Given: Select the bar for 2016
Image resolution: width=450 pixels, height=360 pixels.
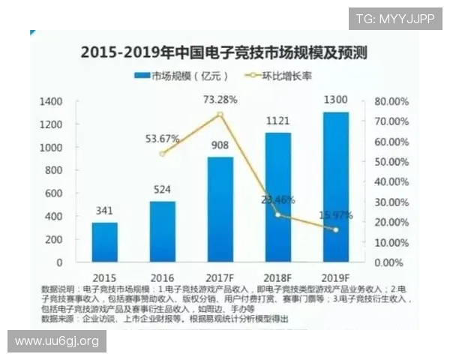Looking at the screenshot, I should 162,232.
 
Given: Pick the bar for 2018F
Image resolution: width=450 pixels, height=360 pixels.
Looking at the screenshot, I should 277,197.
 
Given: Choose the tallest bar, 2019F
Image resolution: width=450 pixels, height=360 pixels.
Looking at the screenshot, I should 335,187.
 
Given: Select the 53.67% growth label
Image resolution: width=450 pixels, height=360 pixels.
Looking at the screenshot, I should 161,139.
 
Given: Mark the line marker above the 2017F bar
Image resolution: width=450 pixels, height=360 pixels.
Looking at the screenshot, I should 220,114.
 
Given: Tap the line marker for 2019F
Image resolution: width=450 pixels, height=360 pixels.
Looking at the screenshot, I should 335,229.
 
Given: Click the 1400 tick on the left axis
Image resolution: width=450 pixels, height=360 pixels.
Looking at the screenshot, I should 50,101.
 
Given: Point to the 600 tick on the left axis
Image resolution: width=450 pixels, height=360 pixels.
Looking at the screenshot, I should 53,193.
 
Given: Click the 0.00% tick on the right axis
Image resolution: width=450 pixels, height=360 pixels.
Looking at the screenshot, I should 393,263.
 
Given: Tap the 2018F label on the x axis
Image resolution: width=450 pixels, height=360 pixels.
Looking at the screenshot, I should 277,277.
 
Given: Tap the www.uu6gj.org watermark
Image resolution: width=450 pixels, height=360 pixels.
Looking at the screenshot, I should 56,341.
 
